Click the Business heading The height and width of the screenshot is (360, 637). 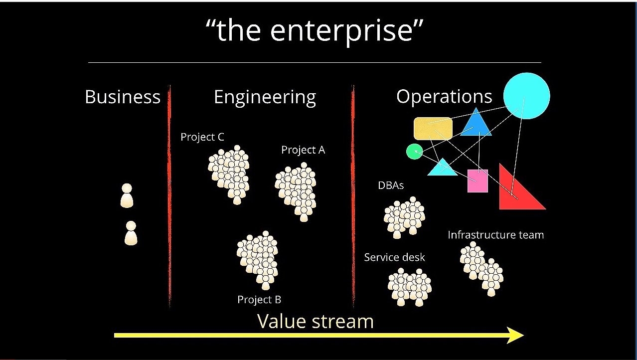[123, 97]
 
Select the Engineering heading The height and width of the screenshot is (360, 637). [265, 98]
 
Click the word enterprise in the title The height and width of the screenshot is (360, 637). [341, 32]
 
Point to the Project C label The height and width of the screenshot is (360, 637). [202, 137]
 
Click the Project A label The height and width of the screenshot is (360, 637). [303, 150]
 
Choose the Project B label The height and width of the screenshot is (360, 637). [259, 300]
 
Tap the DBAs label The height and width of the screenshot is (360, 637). [391, 185]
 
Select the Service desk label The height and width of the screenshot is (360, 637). [394, 257]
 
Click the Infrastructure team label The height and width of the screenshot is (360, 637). [495, 235]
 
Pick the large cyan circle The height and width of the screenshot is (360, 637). [527, 96]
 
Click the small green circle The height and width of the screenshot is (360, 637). [414, 152]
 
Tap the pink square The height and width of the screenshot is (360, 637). [478, 181]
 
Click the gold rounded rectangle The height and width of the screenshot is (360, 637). [433, 129]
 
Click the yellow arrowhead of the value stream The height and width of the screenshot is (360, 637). [515, 335]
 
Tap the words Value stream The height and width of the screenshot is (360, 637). [316, 321]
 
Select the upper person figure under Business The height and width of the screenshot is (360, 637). [127, 195]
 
